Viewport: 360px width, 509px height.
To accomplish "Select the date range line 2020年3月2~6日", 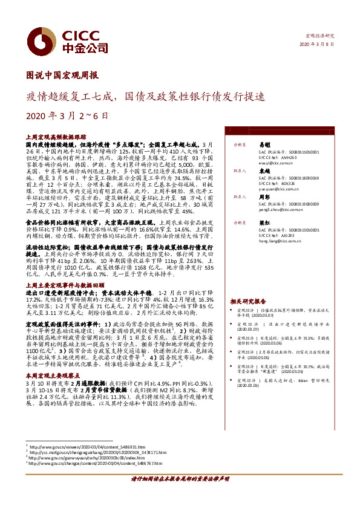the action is click(67, 115).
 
